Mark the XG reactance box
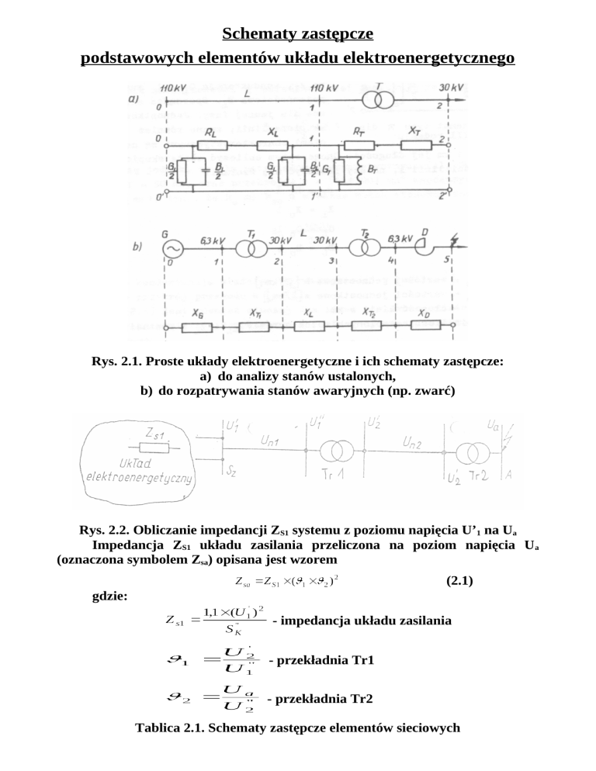tap(197, 327)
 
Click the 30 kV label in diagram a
tap(450, 88)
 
